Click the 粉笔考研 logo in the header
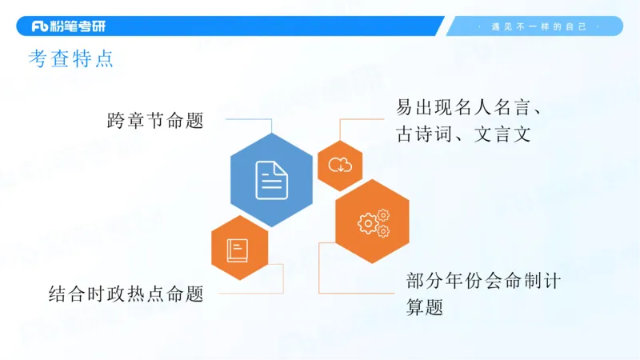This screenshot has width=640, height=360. [68, 26]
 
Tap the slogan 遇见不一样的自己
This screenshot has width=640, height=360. [539, 26]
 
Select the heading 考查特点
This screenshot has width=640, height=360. [71, 61]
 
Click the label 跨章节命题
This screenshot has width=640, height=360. [155, 121]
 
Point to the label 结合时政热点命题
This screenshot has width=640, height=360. [126, 294]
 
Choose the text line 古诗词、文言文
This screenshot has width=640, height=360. [463, 134]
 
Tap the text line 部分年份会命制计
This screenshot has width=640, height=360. [483, 282]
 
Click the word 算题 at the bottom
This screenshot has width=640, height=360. [424, 307]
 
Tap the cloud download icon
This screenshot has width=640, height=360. [341, 166]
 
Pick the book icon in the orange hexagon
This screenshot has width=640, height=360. [238, 250]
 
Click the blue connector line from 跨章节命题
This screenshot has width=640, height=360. [248, 120]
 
